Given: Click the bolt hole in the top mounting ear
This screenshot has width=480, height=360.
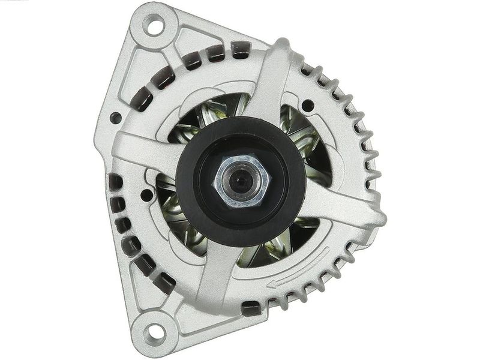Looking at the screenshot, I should [154, 26].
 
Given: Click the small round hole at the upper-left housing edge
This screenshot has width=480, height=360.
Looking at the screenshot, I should [115, 118].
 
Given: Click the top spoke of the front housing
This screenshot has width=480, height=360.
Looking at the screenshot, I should [270, 78].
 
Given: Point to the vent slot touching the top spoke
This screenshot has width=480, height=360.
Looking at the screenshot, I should [241, 49].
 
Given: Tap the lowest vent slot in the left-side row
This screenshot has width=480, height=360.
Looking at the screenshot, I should [164, 283].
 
